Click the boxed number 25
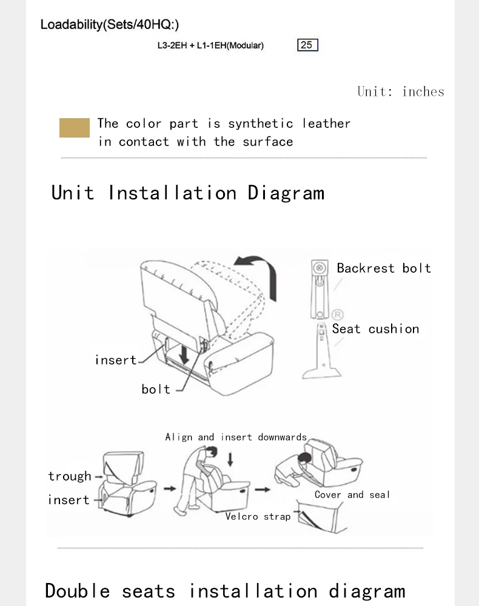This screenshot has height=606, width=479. point(307,45)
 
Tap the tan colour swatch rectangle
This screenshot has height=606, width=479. point(74,127)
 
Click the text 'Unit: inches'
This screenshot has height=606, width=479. point(401,92)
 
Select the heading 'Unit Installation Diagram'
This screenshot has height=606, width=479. point(188,193)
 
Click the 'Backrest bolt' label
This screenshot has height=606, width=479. point(384,268)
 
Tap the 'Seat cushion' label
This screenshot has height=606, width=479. point(375,329)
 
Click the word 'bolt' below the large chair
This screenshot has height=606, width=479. point(156,389)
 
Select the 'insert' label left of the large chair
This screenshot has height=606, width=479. point(116,360)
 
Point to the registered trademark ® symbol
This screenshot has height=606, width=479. point(337,315)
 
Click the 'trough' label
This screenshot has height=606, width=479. point(70,476)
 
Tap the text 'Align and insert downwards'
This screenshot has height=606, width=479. point(236,437)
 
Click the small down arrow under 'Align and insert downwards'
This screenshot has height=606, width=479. point(230,459)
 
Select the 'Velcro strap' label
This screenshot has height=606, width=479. point(258,516)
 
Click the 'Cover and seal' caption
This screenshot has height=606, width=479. point(352,494)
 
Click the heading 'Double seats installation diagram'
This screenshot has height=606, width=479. point(225,591)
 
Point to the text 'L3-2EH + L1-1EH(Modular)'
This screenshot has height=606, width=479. point(210,45)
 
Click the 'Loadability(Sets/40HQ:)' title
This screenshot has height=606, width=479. point(110,24)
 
